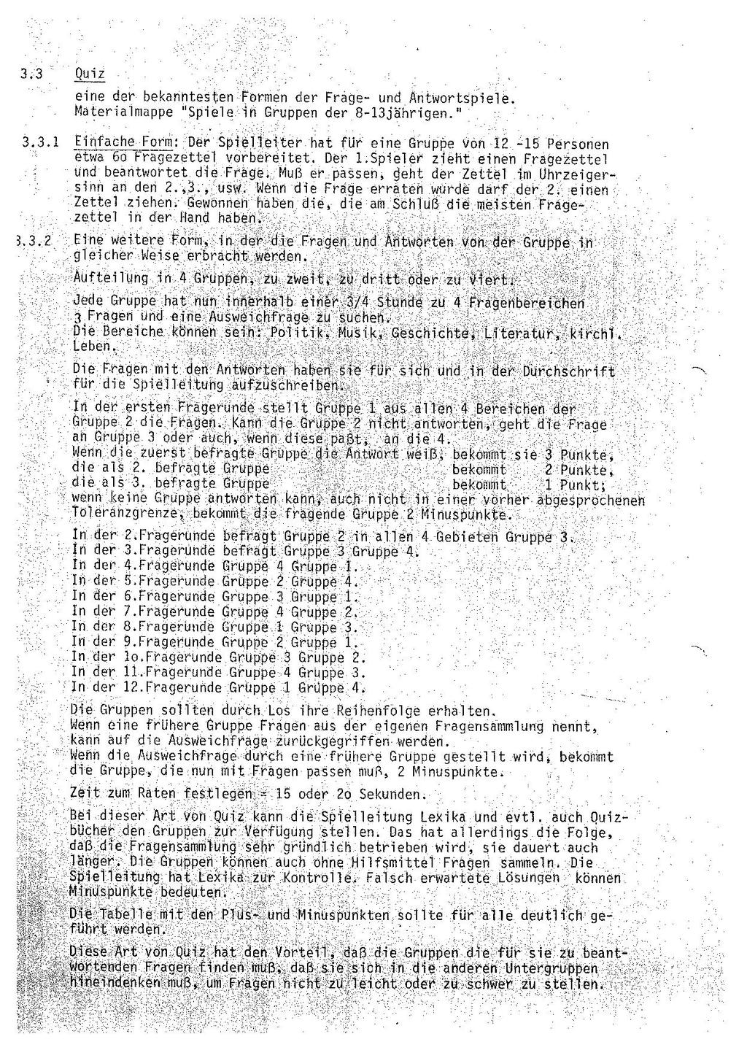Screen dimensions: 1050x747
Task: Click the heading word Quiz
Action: click(x=91, y=74)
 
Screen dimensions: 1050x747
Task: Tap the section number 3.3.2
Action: click(x=34, y=242)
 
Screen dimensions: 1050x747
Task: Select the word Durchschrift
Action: click(x=568, y=371)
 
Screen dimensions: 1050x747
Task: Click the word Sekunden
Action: click(x=389, y=793)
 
